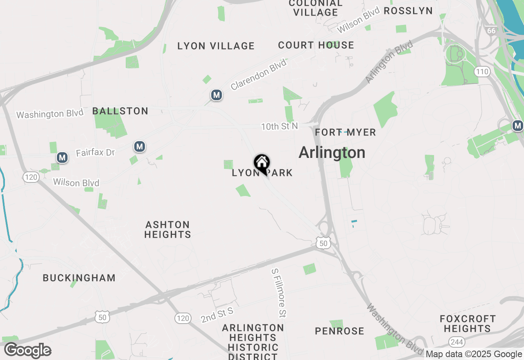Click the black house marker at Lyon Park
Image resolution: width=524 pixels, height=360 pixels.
(262, 163)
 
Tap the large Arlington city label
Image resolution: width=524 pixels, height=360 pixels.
(332, 153)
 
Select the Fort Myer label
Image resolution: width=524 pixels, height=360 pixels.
(346, 132)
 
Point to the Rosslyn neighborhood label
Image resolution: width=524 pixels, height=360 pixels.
(408, 11)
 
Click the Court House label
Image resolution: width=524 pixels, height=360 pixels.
(316, 45)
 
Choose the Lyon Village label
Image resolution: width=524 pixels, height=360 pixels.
(216, 46)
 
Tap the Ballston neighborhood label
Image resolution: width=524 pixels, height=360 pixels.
(120, 111)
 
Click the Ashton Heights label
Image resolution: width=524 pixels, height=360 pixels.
(168, 229)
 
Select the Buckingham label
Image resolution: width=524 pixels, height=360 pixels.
(79, 278)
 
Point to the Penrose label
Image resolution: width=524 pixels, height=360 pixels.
(340, 331)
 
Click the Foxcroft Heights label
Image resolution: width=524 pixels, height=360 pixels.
(468, 324)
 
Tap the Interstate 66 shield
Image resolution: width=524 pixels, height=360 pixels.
(491, 30)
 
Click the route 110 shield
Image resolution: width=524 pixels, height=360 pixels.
(482, 72)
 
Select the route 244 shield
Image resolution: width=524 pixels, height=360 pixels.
(456, 342)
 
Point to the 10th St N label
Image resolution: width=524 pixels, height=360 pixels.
(280, 127)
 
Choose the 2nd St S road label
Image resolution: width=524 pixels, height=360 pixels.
(217, 315)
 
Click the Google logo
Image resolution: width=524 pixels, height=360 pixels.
(28, 350)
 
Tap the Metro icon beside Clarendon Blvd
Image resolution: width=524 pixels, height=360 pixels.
(217, 95)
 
